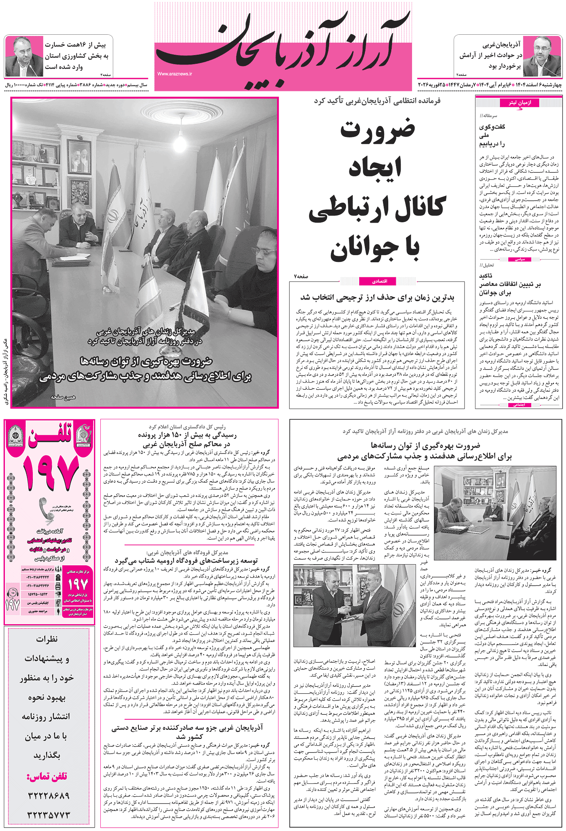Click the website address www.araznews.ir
pyautogui.click(x=175, y=74)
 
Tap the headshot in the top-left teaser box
pyautogui.click(x=23, y=57)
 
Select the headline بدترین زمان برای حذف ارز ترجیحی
pyautogui.click(x=377, y=298)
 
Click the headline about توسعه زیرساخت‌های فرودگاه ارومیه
pyautogui.click(x=186, y=560)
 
